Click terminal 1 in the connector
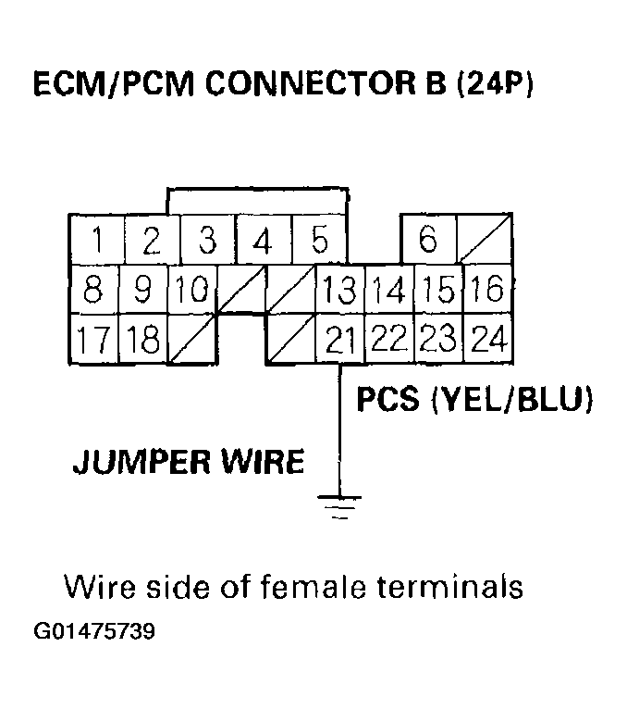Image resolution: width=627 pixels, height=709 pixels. pyautogui.click(x=97, y=241)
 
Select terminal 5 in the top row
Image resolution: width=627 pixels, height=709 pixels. pyautogui.click(x=320, y=241)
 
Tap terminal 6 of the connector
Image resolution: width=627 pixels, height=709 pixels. pyautogui.click(x=427, y=240)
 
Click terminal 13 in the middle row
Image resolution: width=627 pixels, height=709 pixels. pyautogui.click(x=339, y=291)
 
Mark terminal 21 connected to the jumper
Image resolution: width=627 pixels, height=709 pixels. pyautogui.click(x=339, y=341)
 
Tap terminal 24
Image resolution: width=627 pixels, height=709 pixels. pyautogui.click(x=487, y=341)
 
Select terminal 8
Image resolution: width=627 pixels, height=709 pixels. pyautogui.click(x=93, y=291)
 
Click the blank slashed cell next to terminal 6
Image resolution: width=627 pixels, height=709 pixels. pyautogui.click(x=486, y=240)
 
